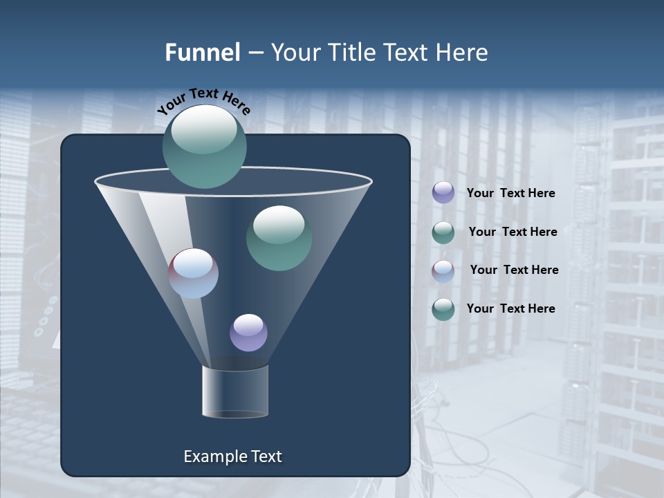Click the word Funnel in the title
tap(202, 53)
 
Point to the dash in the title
tap(255, 53)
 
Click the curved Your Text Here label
tap(203, 101)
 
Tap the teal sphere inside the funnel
tap(279, 238)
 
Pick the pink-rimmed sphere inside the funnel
tap(194, 273)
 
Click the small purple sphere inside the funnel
tap(248, 333)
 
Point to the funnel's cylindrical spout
tap(235, 391)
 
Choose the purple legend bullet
tap(443, 193)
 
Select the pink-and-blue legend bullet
tap(443, 271)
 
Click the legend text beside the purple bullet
tap(510, 193)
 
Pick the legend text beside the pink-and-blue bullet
tap(514, 270)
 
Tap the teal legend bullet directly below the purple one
tap(443, 232)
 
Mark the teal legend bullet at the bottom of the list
tap(443, 309)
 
